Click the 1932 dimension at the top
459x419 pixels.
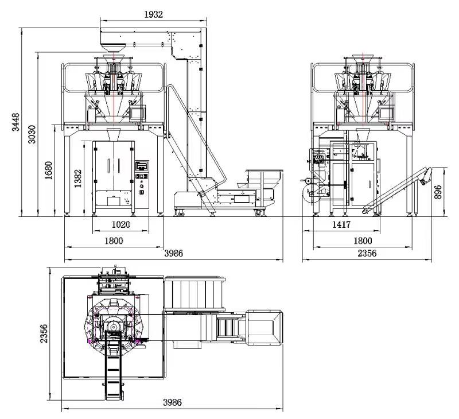click(x=153, y=14)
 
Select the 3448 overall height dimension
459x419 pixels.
click(x=15, y=122)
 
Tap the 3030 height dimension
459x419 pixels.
click(x=32, y=134)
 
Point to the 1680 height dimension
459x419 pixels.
click(x=48, y=170)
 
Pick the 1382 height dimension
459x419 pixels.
click(x=77, y=179)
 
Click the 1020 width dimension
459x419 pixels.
click(x=121, y=224)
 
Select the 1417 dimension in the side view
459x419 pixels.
click(x=341, y=224)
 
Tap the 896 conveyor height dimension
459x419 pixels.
click(x=438, y=192)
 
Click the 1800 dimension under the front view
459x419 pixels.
click(x=114, y=241)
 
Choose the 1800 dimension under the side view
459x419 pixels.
click(x=363, y=240)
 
